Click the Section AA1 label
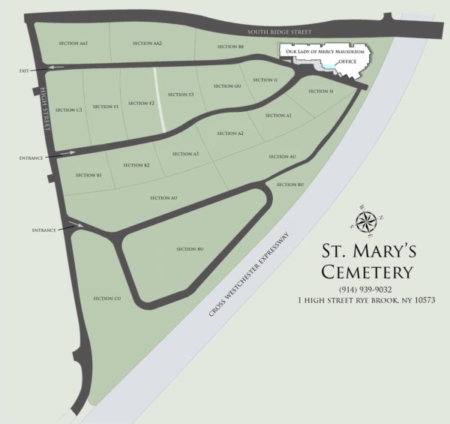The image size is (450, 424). [x=73, y=44]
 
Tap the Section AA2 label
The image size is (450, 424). [x=147, y=44]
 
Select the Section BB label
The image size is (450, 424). [x=230, y=47]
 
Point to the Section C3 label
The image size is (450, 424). [x=68, y=110]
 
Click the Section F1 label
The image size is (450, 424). [x=106, y=107]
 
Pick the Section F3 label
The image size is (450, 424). [x=181, y=95]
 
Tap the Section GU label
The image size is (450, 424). [x=227, y=86]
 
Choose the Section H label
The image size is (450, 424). [x=320, y=92]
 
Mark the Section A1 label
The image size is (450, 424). [x=277, y=116]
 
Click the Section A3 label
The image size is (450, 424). [x=185, y=154]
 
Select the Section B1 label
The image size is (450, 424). [x=88, y=175]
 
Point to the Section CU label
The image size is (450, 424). [x=107, y=299]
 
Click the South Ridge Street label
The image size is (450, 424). [x=280, y=32]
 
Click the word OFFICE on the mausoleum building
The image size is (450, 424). [x=346, y=60]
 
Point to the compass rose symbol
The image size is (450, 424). [x=367, y=219]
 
